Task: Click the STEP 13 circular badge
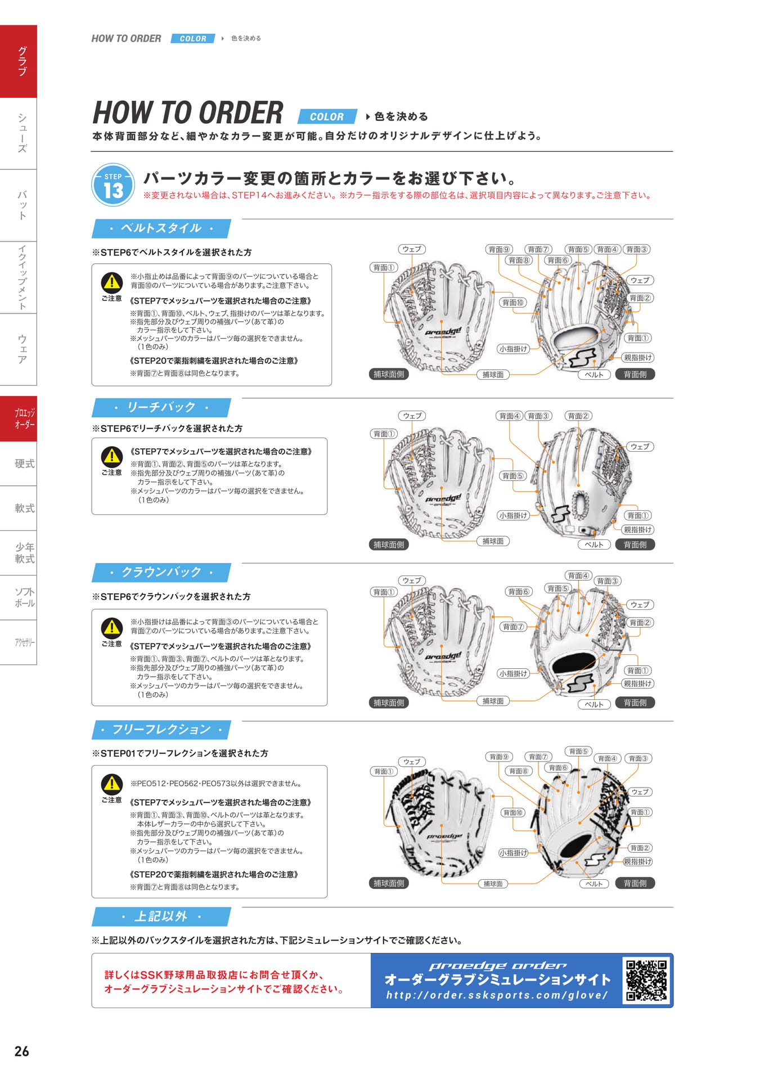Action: point(113,185)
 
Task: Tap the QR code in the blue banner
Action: point(646,980)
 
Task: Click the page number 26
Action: point(22,1051)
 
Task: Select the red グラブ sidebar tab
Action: point(19,61)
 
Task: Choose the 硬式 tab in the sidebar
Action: point(24,463)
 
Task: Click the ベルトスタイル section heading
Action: point(161,228)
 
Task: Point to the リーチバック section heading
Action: point(161,407)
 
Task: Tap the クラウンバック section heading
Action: point(161,572)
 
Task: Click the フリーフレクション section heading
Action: point(161,730)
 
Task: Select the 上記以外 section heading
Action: point(161,916)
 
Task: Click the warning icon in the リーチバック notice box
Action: point(112,456)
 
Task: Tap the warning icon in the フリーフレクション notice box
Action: point(112,784)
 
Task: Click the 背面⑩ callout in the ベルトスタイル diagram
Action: point(513,303)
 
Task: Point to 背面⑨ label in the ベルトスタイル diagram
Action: point(499,249)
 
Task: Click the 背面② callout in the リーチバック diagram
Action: point(578,416)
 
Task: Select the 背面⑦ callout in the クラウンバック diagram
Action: point(513,627)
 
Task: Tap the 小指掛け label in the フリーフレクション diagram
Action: point(513,853)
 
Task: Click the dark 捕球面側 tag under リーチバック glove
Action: point(389,544)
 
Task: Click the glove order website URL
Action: point(497,995)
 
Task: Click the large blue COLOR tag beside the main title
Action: point(327,116)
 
